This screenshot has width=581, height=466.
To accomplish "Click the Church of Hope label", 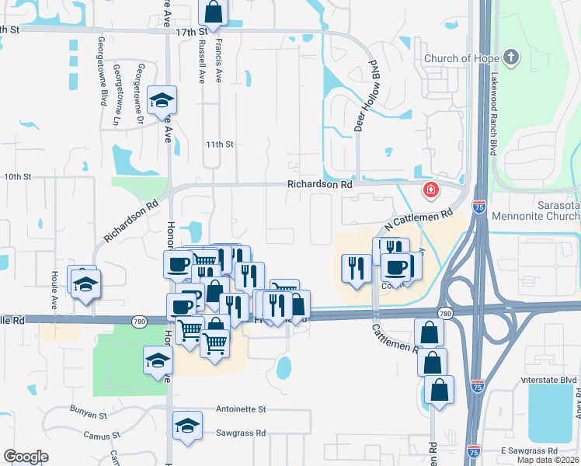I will [461, 58].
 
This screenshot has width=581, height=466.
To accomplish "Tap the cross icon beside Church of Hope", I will [510, 57].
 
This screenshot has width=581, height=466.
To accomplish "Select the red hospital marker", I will [430, 190].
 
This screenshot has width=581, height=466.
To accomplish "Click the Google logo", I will [26, 457].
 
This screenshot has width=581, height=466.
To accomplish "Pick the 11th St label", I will [219, 144].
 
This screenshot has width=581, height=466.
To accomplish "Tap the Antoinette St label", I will [240, 409].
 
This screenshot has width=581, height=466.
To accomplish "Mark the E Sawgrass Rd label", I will [529, 451].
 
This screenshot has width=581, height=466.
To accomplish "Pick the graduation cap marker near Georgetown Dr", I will [162, 101].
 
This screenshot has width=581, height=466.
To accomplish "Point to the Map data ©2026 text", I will [547, 460].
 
